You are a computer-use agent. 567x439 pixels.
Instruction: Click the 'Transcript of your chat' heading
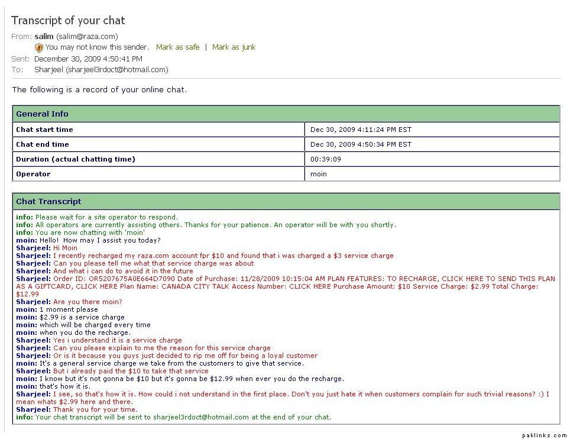pos(68,21)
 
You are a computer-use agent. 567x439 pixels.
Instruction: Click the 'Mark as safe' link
pos(177,47)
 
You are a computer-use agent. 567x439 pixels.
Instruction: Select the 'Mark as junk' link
pos(234,47)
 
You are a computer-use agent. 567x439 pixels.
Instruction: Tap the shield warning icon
pos(39,48)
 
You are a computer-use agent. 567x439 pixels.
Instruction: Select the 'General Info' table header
pos(42,114)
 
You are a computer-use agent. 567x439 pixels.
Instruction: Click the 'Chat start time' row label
pos(44,130)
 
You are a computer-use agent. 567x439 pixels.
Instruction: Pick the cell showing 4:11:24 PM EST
pos(361,130)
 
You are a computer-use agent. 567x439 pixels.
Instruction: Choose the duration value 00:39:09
pos(325,159)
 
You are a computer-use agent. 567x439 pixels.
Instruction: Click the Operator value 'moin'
pos(319,174)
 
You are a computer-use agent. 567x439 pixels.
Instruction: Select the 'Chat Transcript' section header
pos(48,202)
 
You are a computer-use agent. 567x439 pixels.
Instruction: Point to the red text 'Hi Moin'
pos(65,248)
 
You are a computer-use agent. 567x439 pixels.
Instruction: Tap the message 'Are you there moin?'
pos(88,302)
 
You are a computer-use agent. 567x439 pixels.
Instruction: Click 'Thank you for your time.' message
pos(95,409)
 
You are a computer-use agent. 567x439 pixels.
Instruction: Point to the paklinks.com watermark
pos(543,435)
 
